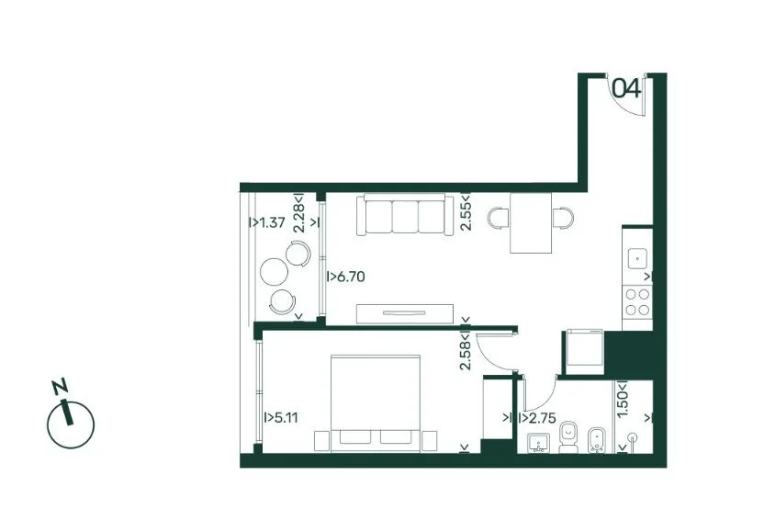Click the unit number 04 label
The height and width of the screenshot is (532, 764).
(626, 89)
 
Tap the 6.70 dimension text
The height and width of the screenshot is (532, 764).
(351, 277)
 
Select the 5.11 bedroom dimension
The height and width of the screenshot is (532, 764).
(285, 418)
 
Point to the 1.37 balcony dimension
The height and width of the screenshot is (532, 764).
(272, 223)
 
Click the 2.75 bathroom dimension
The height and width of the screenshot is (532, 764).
(543, 418)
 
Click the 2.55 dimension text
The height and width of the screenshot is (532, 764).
(466, 216)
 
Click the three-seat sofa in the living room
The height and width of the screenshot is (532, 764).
(404, 215)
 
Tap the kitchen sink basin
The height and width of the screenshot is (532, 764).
(637, 258)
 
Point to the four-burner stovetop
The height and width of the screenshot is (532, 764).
(637, 302)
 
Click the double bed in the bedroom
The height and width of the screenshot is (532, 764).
(376, 403)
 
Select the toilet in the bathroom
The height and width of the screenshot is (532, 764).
(568, 438)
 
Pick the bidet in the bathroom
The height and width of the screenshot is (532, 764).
(596, 441)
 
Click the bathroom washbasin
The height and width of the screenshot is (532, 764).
(538, 444)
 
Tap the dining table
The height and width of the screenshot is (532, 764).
(531, 223)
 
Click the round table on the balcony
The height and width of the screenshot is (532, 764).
(273, 271)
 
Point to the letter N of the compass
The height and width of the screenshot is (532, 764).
(60, 386)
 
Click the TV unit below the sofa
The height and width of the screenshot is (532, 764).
(405, 313)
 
